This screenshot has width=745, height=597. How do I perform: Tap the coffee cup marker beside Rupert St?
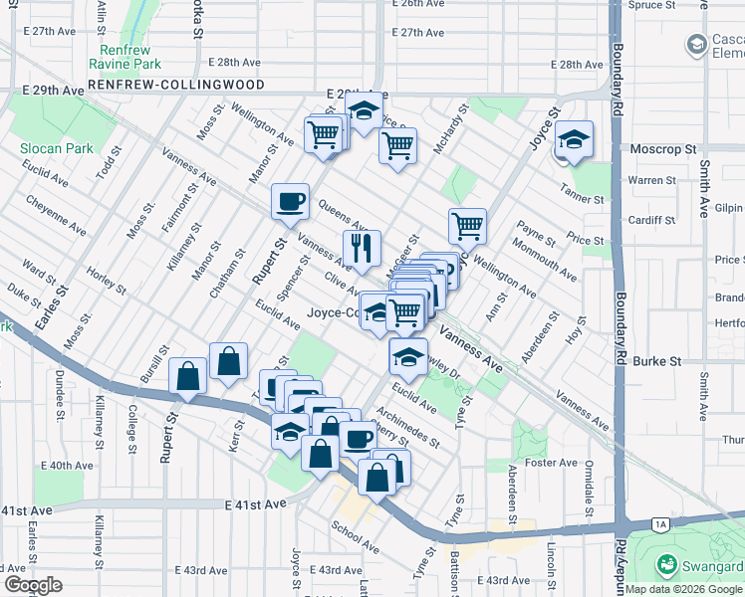[291, 202]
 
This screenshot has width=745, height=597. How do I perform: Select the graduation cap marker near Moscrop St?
[574, 140]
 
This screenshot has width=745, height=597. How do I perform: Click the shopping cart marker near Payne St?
[467, 226]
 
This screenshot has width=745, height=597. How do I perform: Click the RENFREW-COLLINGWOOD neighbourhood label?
[176, 86]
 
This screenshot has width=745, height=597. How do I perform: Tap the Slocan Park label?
[57, 148]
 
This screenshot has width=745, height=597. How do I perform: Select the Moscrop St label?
[662, 148]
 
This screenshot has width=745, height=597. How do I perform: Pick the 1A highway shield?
[659, 523]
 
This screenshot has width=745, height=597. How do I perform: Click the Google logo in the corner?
[33, 585]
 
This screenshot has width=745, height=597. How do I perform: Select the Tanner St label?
[584, 200]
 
